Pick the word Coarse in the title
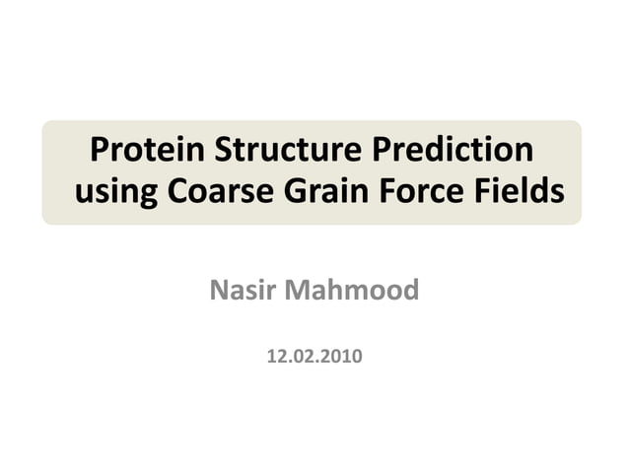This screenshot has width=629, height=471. point(217,190)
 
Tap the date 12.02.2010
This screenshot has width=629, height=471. point(314,356)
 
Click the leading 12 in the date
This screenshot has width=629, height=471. point(276,356)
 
